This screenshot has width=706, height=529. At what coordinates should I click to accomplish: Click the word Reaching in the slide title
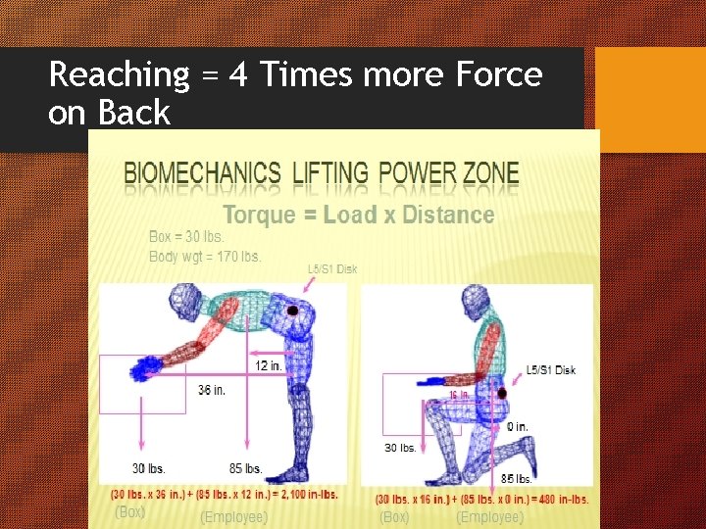click(x=119, y=74)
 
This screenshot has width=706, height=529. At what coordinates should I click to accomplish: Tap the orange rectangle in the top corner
click(x=649, y=99)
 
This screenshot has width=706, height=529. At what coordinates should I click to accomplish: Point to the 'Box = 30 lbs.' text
click(x=186, y=236)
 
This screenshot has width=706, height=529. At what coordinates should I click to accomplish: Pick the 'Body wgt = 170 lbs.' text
click(x=204, y=257)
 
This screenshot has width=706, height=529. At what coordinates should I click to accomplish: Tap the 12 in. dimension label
click(x=269, y=364)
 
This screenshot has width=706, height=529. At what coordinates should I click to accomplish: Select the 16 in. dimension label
click(x=459, y=394)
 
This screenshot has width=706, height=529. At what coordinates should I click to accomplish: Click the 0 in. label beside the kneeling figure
click(x=517, y=426)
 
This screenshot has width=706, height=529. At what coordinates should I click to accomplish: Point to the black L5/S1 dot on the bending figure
click(x=293, y=311)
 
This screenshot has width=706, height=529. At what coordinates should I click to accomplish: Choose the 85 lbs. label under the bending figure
click(x=245, y=468)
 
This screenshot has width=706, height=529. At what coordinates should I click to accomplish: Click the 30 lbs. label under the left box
click(x=149, y=468)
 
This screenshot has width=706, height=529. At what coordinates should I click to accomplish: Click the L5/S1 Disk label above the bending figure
click(x=332, y=268)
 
